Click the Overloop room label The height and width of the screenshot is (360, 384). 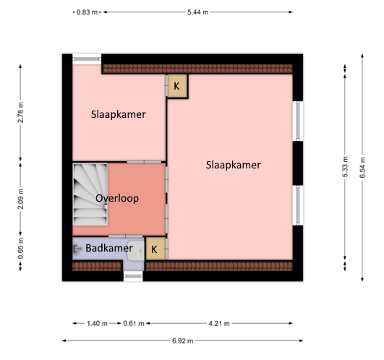click(117, 198)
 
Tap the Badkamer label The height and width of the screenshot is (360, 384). click(109, 248)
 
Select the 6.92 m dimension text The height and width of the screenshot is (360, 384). click(183, 340)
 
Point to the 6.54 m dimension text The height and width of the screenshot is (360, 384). click(363, 168)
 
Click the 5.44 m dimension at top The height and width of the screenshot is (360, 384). click(198, 12)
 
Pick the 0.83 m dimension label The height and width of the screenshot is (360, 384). click(87, 12)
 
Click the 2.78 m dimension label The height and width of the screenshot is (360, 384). click(20, 112)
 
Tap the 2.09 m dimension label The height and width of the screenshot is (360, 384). click(20, 199)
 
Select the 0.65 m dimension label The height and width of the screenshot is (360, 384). click(20, 249)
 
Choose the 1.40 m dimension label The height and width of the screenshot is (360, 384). click(97, 324)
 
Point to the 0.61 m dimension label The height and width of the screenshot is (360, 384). click(134, 324)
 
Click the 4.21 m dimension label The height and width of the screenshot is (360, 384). click(219, 324)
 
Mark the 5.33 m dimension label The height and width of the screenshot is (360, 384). click(345, 167)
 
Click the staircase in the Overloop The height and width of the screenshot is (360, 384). click(90, 194)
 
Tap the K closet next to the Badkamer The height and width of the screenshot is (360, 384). click(155, 249)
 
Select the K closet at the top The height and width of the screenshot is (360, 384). click(177, 86)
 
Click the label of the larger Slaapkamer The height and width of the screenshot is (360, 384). click(234, 165)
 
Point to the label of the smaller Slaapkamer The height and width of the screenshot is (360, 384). click(119, 114)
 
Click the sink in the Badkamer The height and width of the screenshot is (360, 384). click(135, 251)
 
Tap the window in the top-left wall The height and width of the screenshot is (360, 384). click(87, 59)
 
